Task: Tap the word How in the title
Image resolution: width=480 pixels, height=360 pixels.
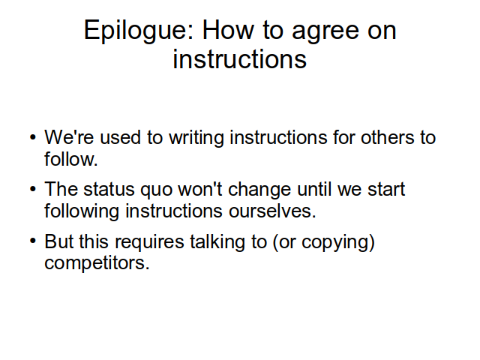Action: tap(228, 30)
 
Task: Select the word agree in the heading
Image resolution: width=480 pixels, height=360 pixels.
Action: tap(325, 32)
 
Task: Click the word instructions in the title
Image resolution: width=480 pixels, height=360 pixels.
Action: tap(240, 58)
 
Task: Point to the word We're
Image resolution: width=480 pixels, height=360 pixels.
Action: tap(69, 136)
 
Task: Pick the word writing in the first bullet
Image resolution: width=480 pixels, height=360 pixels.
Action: tap(196, 138)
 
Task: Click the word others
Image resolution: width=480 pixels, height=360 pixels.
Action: tap(387, 136)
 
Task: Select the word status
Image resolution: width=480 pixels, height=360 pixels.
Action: tap(109, 189)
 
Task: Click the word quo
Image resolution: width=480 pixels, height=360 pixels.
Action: tap(156, 190)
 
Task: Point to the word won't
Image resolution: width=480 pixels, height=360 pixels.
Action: tap(200, 189)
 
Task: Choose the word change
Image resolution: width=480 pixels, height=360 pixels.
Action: tap(259, 190)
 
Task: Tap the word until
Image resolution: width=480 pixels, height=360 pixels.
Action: tap(314, 189)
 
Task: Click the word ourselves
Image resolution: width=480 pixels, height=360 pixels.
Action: tap(272, 211)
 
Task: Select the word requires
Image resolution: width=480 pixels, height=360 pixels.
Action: tap(149, 242)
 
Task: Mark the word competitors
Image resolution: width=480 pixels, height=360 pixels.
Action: tap(97, 263)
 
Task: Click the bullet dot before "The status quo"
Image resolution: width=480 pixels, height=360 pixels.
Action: tap(33, 189)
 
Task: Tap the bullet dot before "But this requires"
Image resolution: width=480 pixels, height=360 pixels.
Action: tap(33, 241)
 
